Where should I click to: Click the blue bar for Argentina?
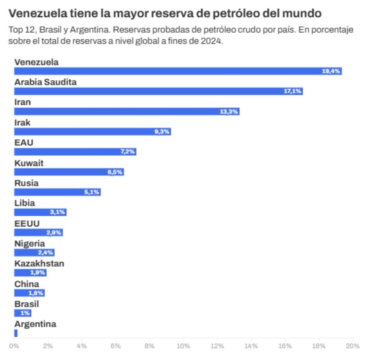point(16,333)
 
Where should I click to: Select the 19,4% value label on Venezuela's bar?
point(331,71)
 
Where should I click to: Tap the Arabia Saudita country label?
point(46,82)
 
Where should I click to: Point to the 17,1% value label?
point(293,91)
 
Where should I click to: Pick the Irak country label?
point(23,122)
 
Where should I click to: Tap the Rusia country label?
point(27,183)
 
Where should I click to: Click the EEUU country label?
point(27,223)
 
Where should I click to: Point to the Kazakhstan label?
point(39,263)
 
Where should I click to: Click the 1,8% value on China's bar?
point(36,293)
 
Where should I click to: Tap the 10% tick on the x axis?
point(183,346)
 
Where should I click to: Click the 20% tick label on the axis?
point(353,346)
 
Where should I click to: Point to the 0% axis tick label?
point(14,346)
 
